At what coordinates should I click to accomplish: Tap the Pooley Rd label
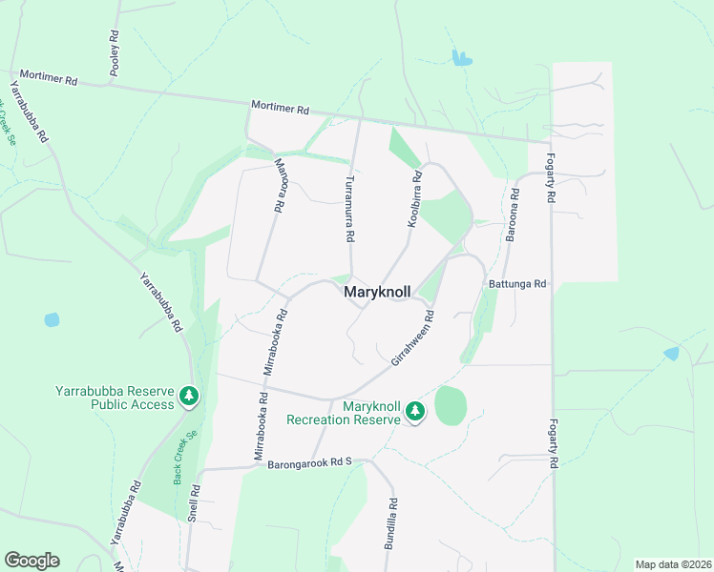point(115,52)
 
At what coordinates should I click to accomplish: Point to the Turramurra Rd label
point(350,208)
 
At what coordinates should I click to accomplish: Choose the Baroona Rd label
point(514,214)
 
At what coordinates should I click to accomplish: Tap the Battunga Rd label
point(516,283)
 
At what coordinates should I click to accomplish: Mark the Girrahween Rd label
point(412,338)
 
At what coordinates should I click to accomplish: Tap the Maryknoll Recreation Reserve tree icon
point(415,411)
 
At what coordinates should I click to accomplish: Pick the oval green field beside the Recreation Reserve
point(451,406)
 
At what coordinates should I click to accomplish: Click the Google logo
point(31,561)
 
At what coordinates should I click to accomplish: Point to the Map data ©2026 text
point(673,564)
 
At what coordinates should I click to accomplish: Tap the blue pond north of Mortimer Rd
point(462,58)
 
